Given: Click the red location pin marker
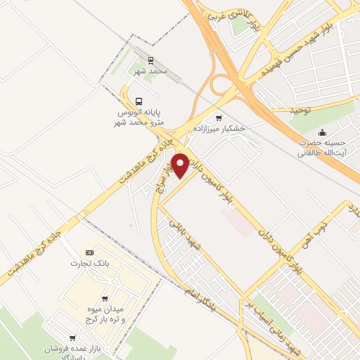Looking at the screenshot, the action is click(x=181, y=165).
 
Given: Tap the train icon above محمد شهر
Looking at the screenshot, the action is click(x=150, y=61).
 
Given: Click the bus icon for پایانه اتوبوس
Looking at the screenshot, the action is click(x=139, y=101).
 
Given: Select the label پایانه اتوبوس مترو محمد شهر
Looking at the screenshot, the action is click(x=141, y=117).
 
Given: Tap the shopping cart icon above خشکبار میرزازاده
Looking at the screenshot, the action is click(x=219, y=117).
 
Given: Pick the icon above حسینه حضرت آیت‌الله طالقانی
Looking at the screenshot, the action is click(x=323, y=132).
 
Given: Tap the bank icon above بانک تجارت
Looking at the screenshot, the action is click(x=89, y=252).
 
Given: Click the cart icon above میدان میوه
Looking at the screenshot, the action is click(x=105, y=299).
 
